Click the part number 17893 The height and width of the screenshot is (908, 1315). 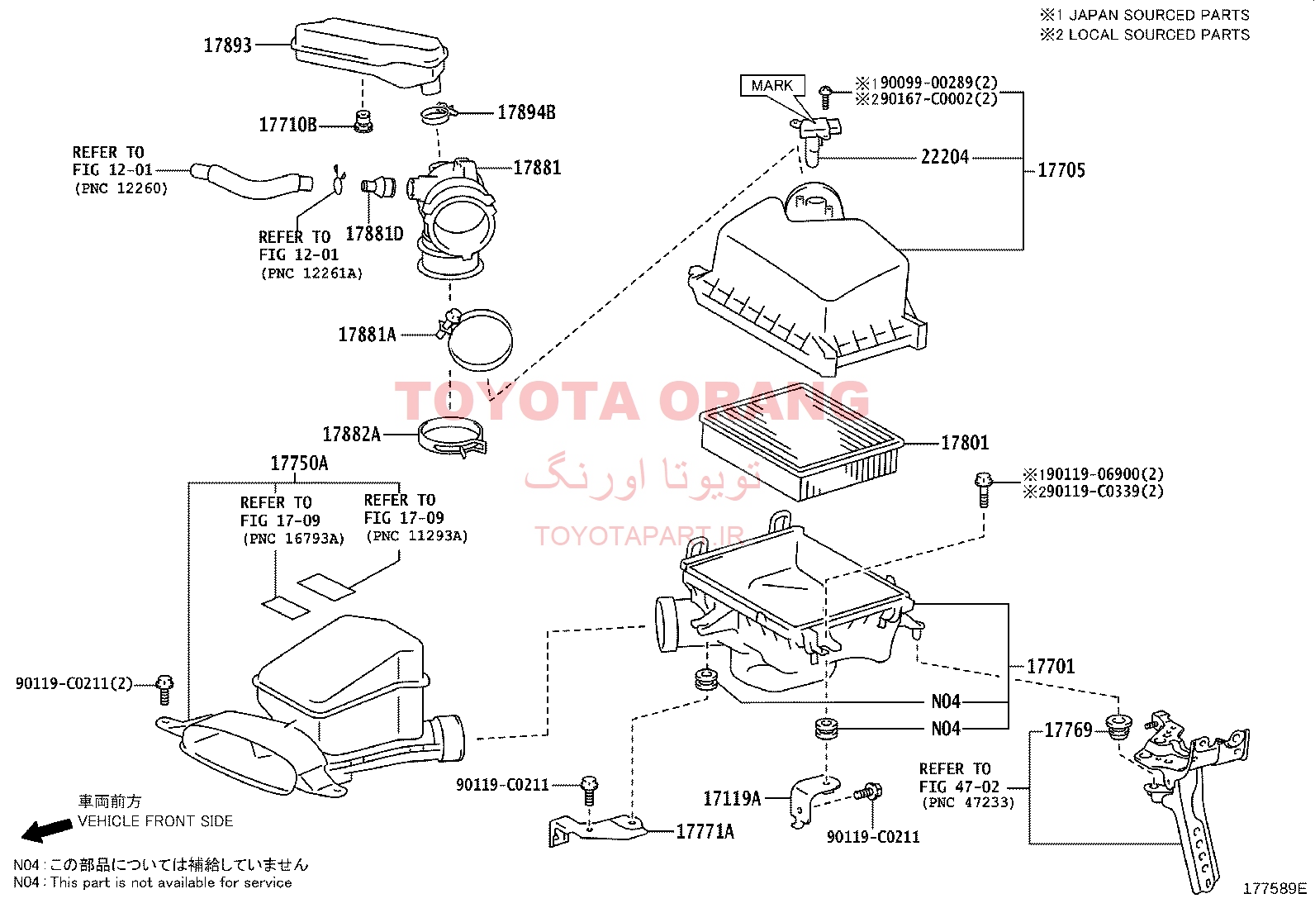point(228,45)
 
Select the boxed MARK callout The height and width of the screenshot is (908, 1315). point(772,86)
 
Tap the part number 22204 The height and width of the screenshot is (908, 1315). point(945,157)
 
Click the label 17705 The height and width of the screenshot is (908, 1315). point(1061,170)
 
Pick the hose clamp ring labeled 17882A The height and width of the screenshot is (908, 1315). point(452,438)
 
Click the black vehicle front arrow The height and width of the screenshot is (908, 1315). point(47,830)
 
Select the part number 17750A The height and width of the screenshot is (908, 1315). point(299,464)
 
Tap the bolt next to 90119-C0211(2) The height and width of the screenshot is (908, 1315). point(164,690)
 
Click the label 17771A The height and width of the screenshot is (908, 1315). point(705,832)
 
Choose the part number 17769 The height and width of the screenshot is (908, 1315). point(1069,730)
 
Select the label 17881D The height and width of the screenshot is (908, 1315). point(374,234)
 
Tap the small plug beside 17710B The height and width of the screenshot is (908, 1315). point(363,121)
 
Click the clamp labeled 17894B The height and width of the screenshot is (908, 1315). point(439,113)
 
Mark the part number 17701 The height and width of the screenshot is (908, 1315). point(1051,666)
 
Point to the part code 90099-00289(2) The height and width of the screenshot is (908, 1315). point(938,83)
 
